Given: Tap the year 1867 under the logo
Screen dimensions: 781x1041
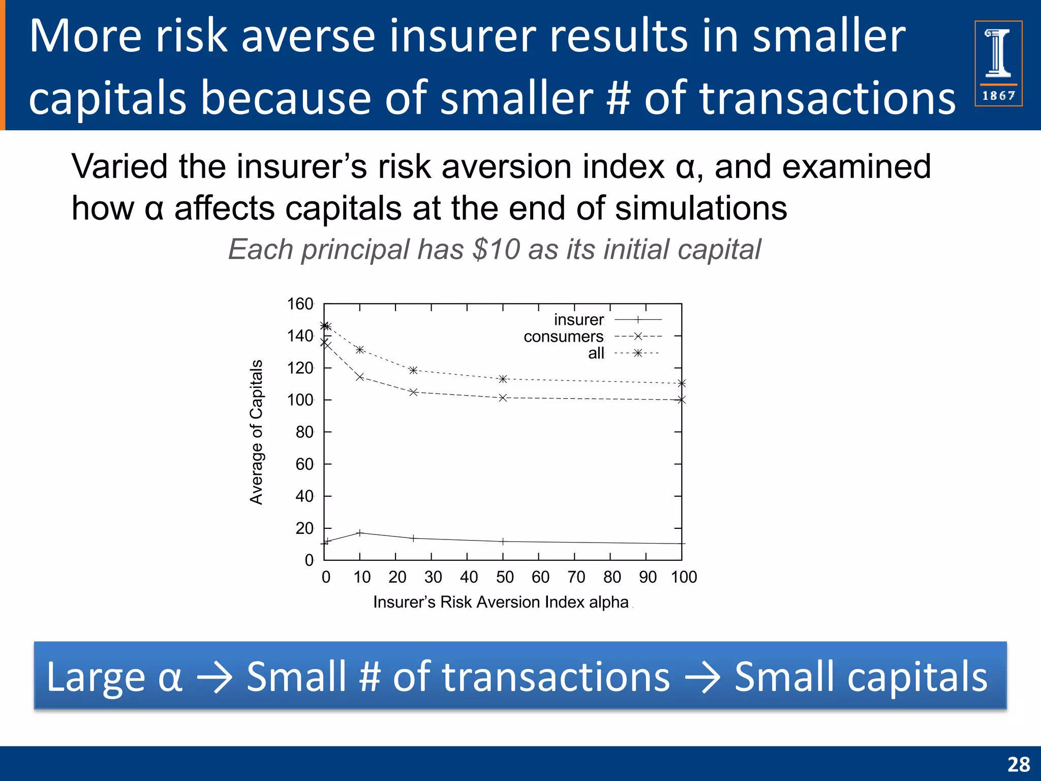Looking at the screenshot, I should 998,96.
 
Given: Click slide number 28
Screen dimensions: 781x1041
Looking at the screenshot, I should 1018,764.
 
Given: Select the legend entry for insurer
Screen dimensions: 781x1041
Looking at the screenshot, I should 579,320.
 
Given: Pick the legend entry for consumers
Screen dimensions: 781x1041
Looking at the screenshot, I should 564,337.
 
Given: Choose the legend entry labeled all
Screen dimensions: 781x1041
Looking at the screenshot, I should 596,353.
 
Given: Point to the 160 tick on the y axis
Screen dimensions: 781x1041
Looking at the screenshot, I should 300,304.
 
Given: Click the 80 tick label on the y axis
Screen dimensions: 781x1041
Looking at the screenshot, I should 304,432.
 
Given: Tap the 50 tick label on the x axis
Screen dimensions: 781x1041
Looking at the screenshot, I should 504,577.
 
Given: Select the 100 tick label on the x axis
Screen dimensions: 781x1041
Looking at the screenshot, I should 684,577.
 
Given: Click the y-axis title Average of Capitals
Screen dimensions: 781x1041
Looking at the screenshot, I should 256,432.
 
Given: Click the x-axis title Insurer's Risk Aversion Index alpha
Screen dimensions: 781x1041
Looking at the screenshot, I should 501,602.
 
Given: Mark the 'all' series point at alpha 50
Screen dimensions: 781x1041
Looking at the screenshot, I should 503,379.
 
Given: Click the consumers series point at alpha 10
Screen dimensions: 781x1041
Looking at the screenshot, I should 360,377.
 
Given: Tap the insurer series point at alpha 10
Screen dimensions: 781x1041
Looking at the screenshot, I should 360,533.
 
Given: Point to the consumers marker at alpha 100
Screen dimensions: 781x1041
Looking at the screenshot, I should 682,400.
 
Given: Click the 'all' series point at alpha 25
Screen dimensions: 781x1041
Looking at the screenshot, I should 413,370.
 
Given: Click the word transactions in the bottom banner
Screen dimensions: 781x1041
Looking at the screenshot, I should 531,677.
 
